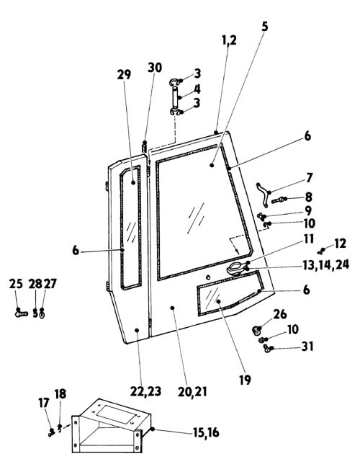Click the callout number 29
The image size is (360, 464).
pos(124,74)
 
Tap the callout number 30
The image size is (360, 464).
pos(155,68)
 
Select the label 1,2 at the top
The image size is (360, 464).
pos(229,40)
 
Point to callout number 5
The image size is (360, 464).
pos(265,27)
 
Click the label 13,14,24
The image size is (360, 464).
pos(325,264)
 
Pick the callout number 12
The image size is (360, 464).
pos(340,244)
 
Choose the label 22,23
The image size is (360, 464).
pos(146,391)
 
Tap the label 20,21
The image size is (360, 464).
pos(192,392)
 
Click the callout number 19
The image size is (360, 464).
pos(245,380)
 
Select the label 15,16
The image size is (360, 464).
pos(206,432)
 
